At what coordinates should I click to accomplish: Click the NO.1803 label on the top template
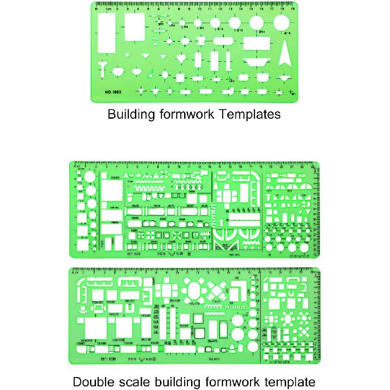(x=114, y=91)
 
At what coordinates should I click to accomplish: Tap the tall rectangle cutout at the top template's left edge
(x=107, y=33)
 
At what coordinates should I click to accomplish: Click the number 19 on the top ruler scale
(x=292, y=8)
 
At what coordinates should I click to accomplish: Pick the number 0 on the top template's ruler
(x=96, y=8)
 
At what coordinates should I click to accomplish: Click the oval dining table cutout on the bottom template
(x=194, y=291)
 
